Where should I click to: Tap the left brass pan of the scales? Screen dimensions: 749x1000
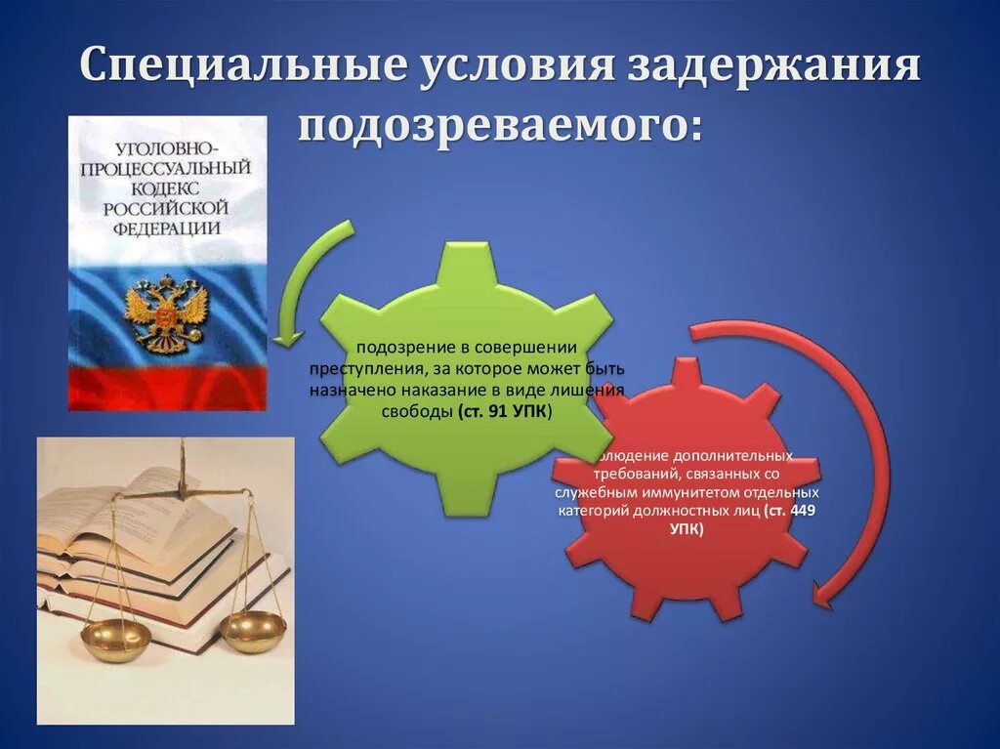click(115, 637)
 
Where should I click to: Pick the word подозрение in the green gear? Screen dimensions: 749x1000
click(397, 348)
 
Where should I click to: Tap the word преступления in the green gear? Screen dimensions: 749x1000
click(365, 369)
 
